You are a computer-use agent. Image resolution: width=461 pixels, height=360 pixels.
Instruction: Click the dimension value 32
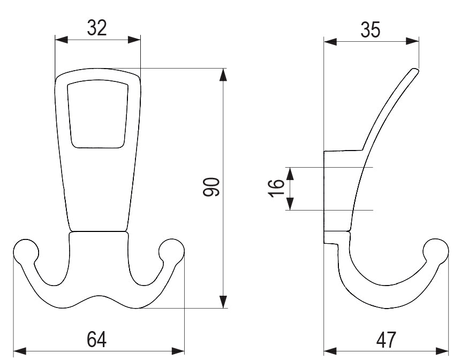click(x=97, y=28)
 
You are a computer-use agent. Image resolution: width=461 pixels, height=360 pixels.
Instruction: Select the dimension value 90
click(x=211, y=187)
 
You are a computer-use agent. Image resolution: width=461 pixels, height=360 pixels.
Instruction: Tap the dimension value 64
click(x=96, y=339)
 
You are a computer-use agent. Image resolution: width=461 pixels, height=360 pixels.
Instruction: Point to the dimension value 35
click(x=371, y=30)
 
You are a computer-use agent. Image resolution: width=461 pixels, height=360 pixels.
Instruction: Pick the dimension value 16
click(x=276, y=188)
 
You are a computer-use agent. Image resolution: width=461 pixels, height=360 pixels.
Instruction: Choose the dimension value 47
click(x=386, y=340)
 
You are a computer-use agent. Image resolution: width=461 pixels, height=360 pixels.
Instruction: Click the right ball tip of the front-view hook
click(x=171, y=251)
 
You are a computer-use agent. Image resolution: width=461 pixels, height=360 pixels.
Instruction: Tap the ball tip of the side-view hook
click(x=436, y=251)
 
